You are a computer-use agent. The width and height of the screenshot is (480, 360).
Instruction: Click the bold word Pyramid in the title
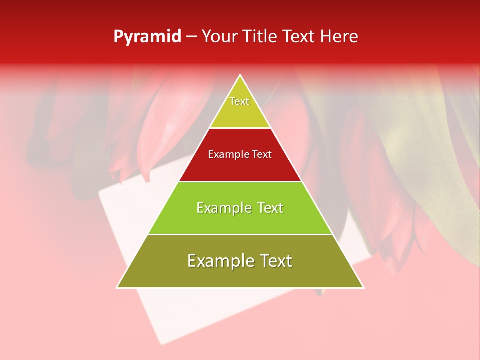147,37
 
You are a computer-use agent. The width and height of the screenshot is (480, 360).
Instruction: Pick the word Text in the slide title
299,36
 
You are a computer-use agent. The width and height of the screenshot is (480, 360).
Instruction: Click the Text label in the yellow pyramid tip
239,101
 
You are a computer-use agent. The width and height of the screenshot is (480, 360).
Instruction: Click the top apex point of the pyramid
240,75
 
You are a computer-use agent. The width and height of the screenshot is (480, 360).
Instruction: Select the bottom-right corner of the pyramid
363,287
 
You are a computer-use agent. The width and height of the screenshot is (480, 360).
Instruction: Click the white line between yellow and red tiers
240,128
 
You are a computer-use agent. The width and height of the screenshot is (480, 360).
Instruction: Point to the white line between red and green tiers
240,181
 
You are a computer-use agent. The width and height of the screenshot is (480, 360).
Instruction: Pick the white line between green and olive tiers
240,234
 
